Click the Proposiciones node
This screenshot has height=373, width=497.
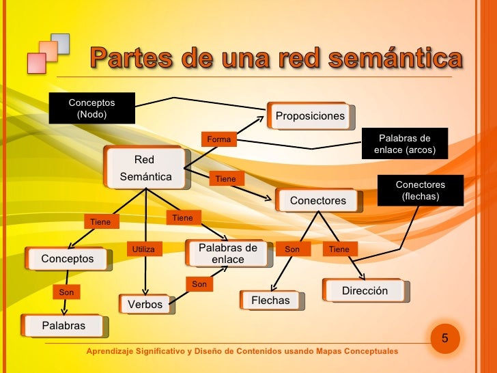310,116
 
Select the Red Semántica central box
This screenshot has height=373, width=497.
145,168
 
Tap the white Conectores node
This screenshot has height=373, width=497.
318,200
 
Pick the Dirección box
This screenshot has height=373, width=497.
365,290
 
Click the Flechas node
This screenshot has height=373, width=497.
271,300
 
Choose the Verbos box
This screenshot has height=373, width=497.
145,304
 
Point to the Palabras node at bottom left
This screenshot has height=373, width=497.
64,325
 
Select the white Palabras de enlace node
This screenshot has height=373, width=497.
227,253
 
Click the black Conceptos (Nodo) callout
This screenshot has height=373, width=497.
91,109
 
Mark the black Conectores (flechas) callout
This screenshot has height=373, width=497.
420,191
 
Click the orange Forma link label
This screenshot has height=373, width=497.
218,139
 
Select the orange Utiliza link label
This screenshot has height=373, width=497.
143,249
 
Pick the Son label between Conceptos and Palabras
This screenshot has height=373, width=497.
66,292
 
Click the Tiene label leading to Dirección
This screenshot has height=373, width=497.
339,249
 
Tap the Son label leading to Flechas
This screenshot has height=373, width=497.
292,249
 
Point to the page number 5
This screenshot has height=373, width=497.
445,338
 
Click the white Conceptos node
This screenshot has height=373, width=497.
67,259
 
